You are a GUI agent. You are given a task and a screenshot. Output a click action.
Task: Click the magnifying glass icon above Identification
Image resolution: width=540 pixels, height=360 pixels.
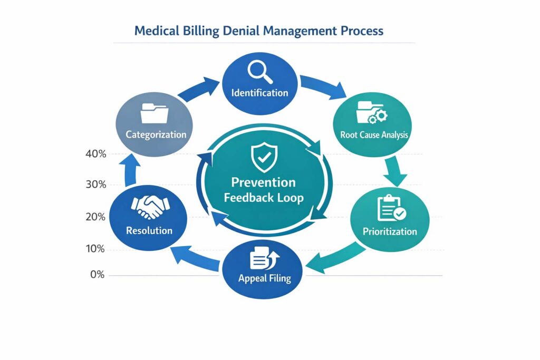(259, 71)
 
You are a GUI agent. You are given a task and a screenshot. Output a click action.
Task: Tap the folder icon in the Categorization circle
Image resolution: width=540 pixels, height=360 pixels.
(155, 113)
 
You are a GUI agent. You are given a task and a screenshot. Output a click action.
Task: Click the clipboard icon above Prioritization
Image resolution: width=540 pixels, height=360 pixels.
(391, 208)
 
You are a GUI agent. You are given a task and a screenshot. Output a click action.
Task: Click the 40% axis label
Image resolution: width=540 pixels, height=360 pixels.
(95, 154)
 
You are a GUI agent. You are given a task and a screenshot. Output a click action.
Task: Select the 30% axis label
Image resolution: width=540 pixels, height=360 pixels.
(95, 185)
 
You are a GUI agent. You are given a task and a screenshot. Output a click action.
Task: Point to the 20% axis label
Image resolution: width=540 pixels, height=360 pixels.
(95, 217)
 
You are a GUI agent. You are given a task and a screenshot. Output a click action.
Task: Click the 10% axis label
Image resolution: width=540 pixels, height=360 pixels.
(95, 249)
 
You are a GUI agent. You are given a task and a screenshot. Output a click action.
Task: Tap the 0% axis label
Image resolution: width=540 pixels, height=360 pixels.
(97, 275)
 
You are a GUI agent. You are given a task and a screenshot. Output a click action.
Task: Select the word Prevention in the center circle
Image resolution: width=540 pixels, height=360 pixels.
(263, 182)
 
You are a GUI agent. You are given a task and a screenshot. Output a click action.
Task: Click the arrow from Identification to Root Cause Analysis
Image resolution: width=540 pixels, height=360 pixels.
(323, 86)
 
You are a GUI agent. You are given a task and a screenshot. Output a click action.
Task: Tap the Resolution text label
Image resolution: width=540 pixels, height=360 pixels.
(149, 230)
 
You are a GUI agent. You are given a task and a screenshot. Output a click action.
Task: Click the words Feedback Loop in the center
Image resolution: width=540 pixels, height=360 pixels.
(263, 198)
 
